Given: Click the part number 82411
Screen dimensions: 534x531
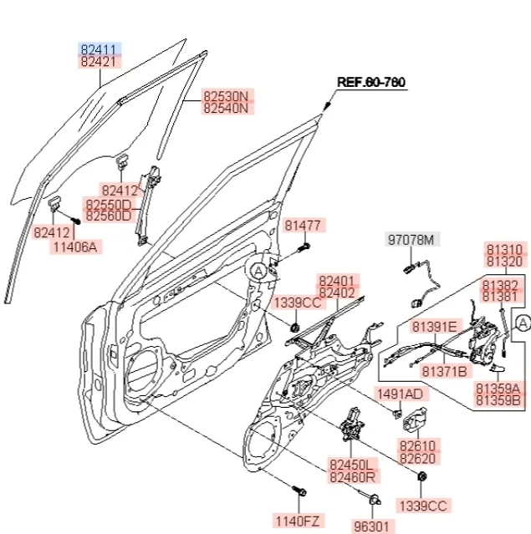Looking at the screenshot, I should click(x=100, y=48).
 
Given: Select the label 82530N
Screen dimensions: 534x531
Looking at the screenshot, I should click(x=227, y=97).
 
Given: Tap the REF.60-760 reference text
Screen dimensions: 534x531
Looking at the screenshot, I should click(x=370, y=82).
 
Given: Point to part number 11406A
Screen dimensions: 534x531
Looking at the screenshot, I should click(x=75, y=247).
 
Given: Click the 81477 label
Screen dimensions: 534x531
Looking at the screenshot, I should click(x=302, y=225).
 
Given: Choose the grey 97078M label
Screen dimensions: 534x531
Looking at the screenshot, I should click(x=411, y=241).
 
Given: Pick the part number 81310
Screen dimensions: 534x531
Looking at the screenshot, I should click(x=505, y=250).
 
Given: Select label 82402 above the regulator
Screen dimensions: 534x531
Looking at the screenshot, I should click(x=337, y=293).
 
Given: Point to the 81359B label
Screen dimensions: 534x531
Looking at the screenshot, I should click(x=498, y=401).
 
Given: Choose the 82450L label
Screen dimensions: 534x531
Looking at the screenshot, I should click(x=353, y=464).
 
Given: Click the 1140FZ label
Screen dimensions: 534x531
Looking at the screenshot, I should click(x=299, y=521).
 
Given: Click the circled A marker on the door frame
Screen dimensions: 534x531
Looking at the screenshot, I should click(x=259, y=270).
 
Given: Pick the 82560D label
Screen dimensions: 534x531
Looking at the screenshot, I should click(x=108, y=216).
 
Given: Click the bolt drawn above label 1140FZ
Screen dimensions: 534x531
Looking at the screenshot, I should click(x=299, y=491).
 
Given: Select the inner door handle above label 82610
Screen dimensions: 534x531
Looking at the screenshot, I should click(x=416, y=419).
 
